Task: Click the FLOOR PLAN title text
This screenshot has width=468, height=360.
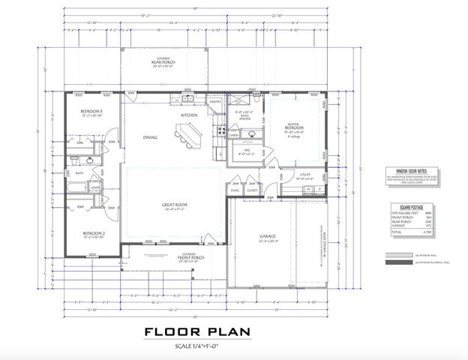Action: [198, 332]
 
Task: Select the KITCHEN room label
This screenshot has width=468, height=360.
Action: [188, 115]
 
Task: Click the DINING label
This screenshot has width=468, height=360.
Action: [150, 137]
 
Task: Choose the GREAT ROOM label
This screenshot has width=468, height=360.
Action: [174, 204]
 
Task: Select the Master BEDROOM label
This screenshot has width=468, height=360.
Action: [292, 128]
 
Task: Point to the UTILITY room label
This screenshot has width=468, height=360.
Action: [304, 177]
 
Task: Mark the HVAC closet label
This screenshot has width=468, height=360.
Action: [234, 190]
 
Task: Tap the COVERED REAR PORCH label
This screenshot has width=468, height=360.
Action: [162, 61]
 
